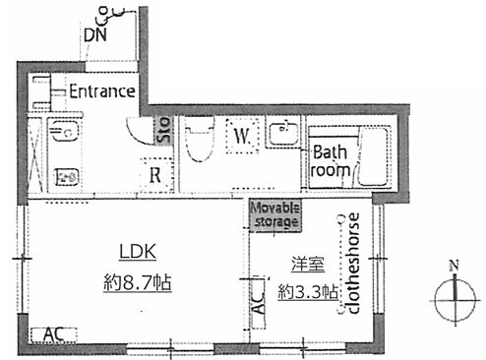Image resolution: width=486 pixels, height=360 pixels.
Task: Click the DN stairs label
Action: [x=95, y=34]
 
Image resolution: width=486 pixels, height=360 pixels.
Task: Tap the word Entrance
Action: [x=102, y=91]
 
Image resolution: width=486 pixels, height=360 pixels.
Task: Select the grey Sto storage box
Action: [x=163, y=130]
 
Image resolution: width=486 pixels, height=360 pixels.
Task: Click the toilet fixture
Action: [x=200, y=139]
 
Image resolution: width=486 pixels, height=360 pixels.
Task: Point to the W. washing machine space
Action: [x=242, y=136]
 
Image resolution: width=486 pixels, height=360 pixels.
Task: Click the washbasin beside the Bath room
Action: [x=284, y=134]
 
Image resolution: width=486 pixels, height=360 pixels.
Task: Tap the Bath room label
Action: [x=330, y=161]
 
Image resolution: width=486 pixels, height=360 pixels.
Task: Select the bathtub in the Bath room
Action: [x=373, y=156]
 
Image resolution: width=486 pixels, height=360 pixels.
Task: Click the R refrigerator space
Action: [x=155, y=175]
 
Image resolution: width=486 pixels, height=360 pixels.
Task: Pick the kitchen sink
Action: [x=65, y=130]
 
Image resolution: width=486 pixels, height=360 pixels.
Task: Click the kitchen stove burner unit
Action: [x=66, y=177]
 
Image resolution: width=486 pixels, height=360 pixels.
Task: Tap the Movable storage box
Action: [x=274, y=214]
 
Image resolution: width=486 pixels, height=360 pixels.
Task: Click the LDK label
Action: [x=138, y=252]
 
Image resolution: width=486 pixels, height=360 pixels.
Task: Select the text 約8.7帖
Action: [x=138, y=282]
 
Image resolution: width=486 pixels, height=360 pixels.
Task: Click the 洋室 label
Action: [x=308, y=265]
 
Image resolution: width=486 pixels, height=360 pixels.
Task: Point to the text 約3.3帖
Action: [x=308, y=291]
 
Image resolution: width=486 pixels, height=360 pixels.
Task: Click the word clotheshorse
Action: [x=353, y=264]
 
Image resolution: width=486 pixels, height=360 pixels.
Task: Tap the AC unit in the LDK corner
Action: [x=54, y=335]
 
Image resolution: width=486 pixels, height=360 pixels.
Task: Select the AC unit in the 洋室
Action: [x=259, y=302]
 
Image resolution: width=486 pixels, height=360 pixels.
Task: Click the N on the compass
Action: [x=455, y=266]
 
